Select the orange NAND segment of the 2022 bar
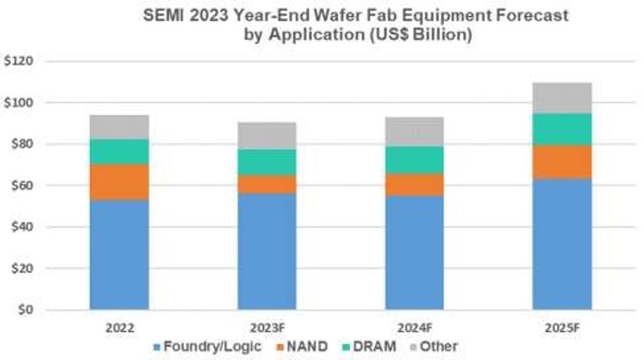(119, 182)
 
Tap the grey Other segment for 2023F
(266, 135)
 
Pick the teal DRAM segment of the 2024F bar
(414, 160)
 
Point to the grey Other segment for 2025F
(562, 98)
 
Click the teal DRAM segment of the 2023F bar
(266, 161)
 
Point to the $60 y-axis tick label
(20, 186)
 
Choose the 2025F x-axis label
(562, 326)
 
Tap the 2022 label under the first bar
(119, 326)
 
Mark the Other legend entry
(438, 347)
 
